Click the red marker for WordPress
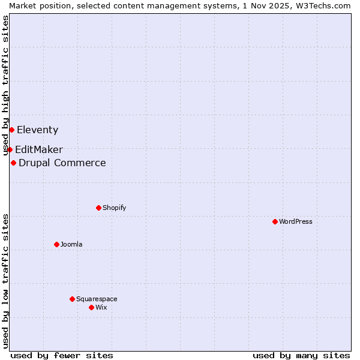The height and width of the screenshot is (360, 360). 275,221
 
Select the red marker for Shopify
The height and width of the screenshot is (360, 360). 98,208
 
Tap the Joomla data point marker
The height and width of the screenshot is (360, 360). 56,244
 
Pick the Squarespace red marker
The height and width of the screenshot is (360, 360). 72,299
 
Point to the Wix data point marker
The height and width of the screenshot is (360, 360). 91,307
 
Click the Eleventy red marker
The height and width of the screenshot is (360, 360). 11,130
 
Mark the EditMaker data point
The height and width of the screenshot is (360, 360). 10,149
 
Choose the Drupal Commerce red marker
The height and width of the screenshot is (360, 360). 13,163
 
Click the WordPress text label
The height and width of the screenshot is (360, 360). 296,221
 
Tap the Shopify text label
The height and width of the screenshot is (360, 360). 115,208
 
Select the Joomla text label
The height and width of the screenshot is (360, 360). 71,244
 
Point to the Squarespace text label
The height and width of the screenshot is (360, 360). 97,299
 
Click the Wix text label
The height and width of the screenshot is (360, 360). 101,307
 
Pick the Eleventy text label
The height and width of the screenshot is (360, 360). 38,130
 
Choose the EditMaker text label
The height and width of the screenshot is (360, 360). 39,149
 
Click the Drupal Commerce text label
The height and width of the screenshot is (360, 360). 62,163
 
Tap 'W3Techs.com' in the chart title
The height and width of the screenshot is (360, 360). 325,5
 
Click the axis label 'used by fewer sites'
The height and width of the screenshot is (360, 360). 62,355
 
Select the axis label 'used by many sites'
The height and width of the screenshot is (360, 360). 301,355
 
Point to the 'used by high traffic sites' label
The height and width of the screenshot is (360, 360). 6,86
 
